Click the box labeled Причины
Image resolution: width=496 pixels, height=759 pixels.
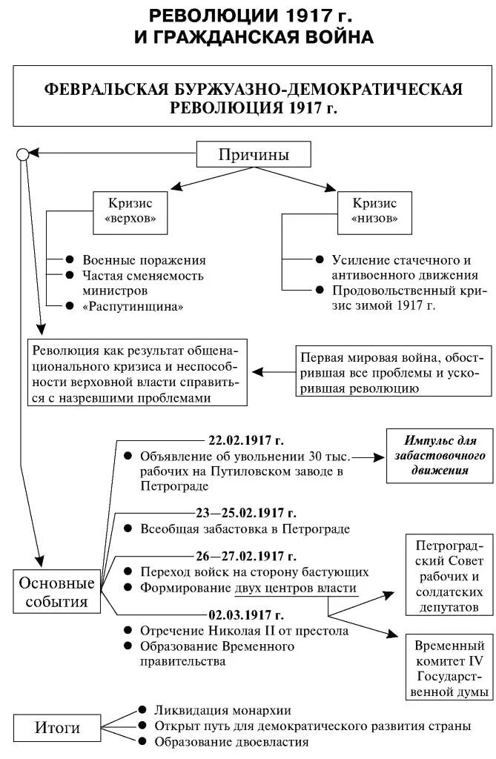pos(254,155)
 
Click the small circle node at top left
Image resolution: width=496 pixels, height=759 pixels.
pos(22,154)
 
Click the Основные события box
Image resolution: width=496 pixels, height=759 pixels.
pos(56,591)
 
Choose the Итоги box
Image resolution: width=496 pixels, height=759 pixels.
pos(57,727)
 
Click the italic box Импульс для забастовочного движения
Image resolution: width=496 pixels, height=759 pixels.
pos(439,456)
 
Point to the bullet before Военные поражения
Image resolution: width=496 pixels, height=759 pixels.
pos(69,260)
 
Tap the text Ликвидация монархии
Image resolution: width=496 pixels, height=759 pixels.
pos(222,710)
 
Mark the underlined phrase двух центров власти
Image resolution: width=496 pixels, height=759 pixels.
pos(296,588)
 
